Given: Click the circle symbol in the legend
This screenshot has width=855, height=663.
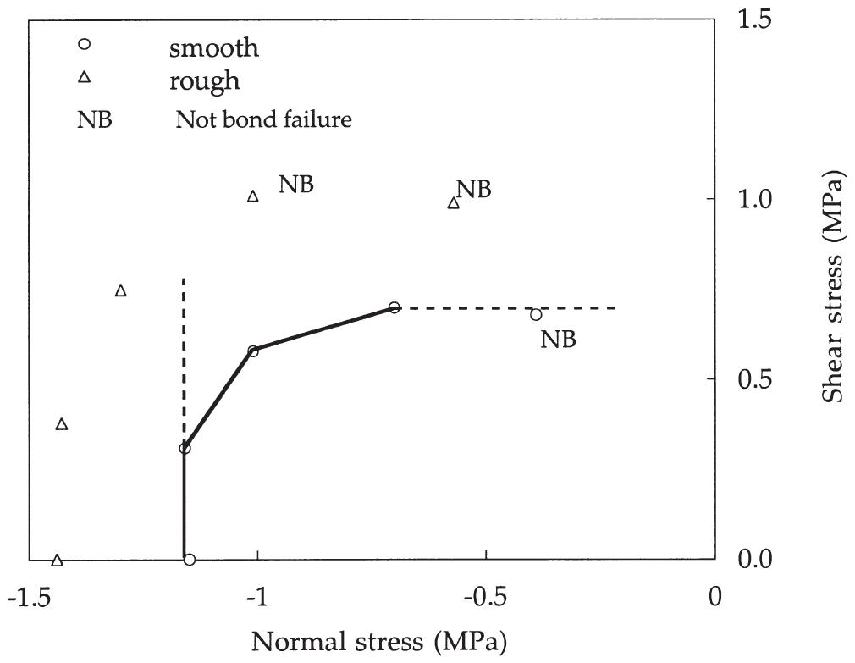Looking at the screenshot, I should pyautogui.click(x=84, y=45).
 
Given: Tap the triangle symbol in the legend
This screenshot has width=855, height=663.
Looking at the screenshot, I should pyautogui.click(x=84, y=79).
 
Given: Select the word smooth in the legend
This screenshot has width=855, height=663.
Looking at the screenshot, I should pyautogui.click(x=213, y=47).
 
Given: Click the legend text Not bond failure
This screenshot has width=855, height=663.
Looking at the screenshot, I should pyautogui.click(x=262, y=119).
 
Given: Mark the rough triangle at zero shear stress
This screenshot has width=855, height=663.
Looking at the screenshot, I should pyautogui.click(x=57, y=560).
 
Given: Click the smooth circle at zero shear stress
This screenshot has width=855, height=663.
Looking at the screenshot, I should pyautogui.click(x=190, y=560).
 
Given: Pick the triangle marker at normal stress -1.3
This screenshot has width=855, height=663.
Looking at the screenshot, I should pyautogui.click(x=120, y=290).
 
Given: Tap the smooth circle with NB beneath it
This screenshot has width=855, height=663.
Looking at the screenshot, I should pyautogui.click(x=536, y=314).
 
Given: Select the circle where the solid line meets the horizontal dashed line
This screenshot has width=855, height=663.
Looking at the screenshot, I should pyautogui.click(x=394, y=307).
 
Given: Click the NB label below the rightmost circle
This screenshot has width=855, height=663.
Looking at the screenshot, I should pyautogui.click(x=558, y=340).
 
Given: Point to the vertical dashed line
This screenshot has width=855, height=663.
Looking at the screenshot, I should pyautogui.click(x=184, y=356).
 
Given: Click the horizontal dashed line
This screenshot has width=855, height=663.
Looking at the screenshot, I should pyautogui.click(x=508, y=307).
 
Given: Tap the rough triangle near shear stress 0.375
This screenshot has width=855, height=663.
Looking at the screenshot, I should pyautogui.click(x=61, y=423).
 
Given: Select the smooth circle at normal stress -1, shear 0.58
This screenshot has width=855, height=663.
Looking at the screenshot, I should pyautogui.click(x=252, y=351).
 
